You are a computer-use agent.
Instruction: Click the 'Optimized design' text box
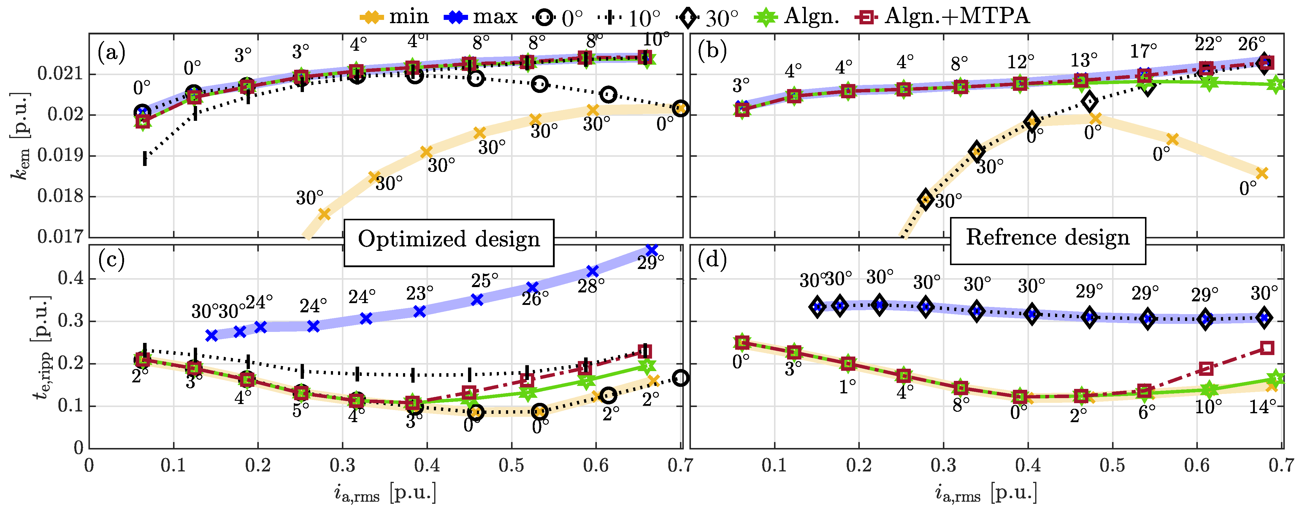coord(449,240)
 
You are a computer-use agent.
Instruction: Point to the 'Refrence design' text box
coord(1047,237)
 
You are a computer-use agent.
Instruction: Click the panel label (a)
coord(111,52)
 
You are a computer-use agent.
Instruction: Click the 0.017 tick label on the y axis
coord(60,237)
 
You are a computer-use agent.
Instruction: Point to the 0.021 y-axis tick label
coord(60,74)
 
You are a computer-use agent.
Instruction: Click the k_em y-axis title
coord(20,137)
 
